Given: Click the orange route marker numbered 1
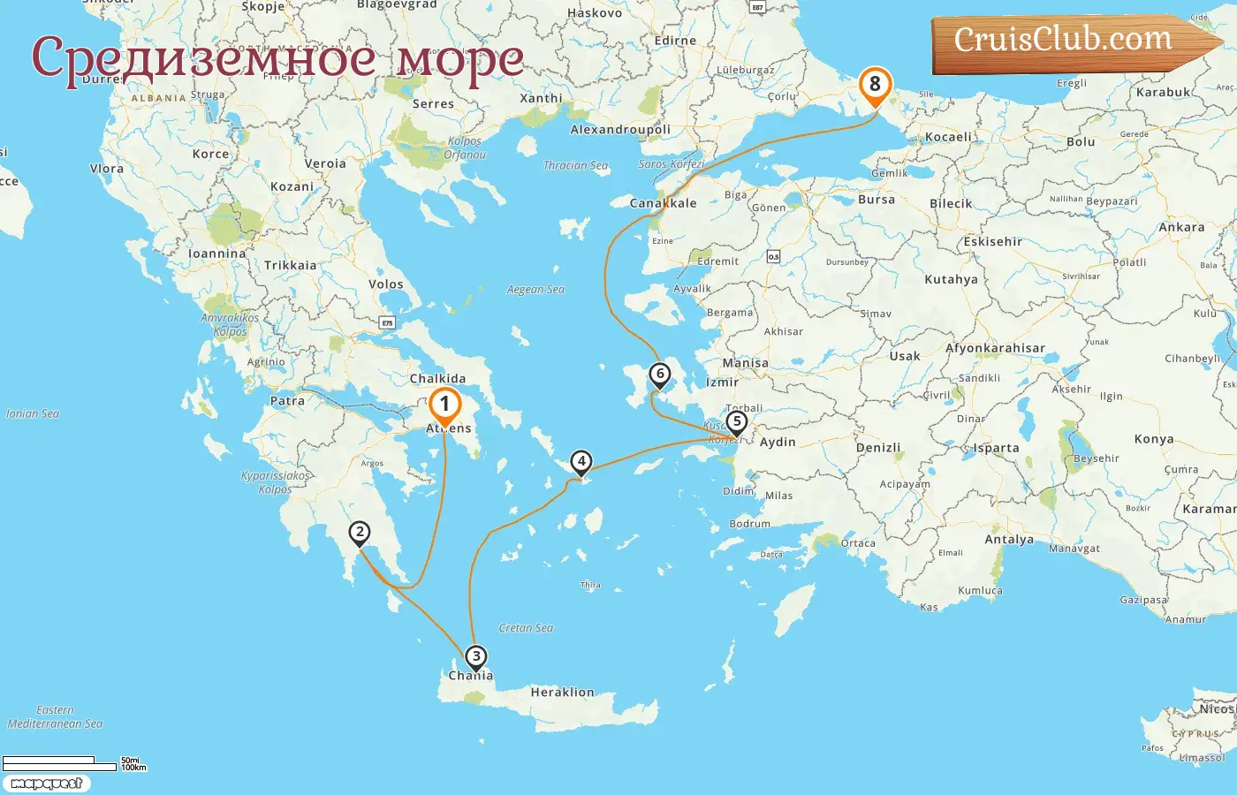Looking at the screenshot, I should click(x=444, y=405).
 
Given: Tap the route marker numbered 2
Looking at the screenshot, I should click(x=359, y=533).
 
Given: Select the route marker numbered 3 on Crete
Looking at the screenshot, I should click(x=475, y=656).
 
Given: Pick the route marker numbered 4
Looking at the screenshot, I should click(x=581, y=461).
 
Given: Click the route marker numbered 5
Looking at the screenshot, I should click(x=736, y=422).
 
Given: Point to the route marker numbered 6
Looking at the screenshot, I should click(x=659, y=375).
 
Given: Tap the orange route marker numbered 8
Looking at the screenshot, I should click(x=875, y=85).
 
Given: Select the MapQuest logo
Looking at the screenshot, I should click(x=47, y=784).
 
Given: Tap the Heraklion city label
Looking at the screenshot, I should click(x=562, y=693).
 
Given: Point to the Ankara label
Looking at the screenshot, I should click(x=1181, y=227).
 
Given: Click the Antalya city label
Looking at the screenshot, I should click(x=1009, y=540).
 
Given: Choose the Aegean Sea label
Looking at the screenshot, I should click(x=535, y=290).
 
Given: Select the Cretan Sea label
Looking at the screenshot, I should click(x=526, y=628).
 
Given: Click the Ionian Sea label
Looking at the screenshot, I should click(x=33, y=413).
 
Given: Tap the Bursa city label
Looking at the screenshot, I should click(x=877, y=200).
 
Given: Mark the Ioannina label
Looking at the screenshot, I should click(x=217, y=254).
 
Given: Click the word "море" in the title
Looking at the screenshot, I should click(x=459, y=58).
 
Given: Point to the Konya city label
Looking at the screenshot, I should click(x=1154, y=439).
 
